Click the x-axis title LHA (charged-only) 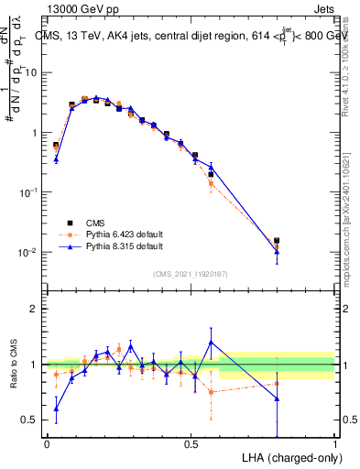click(x=287, y=457)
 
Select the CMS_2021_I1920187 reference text click(x=191, y=274)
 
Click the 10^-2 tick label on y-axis click(x=30, y=252)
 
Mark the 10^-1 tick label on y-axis click(x=30, y=192)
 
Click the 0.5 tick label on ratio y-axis click(x=32, y=420)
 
